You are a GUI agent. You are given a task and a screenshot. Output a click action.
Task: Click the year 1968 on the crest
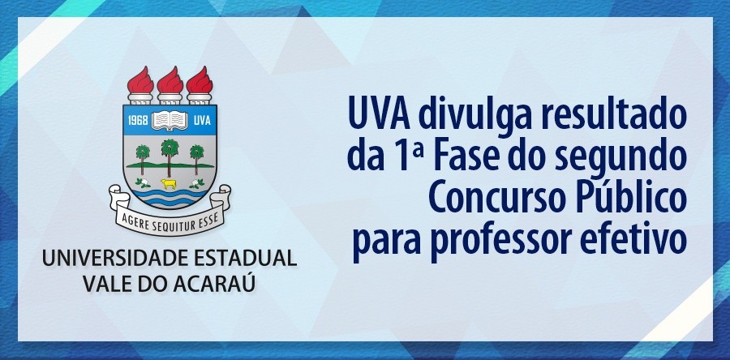141,122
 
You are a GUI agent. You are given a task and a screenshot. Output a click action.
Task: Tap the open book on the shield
170,122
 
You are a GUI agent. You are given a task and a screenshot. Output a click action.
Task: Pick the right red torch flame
199,80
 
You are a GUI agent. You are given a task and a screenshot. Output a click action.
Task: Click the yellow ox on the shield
170,182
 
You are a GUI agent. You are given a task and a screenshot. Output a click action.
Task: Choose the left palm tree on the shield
144,156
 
